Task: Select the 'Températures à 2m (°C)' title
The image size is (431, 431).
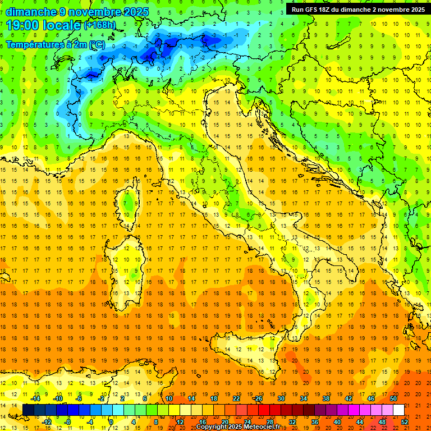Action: click(x=55, y=44)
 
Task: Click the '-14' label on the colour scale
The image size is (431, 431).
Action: click(x=35, y=398)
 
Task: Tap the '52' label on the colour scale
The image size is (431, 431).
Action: click(x=405, y=421)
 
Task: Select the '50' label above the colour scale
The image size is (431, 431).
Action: click(x=393, y=398)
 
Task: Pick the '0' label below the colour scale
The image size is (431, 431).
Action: click(x=111, y=421)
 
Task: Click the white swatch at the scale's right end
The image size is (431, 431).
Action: click(x=398, y=410)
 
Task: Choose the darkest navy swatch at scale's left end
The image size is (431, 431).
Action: click(x=28, y=410)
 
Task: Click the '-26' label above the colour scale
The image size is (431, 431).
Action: click(x=258, y=398)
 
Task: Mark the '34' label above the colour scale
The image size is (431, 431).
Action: click(x=303, y=398)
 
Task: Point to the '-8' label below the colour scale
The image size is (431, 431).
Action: click(x=67, y=421)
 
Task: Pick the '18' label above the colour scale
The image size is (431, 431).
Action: click(x=213, y=398)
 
